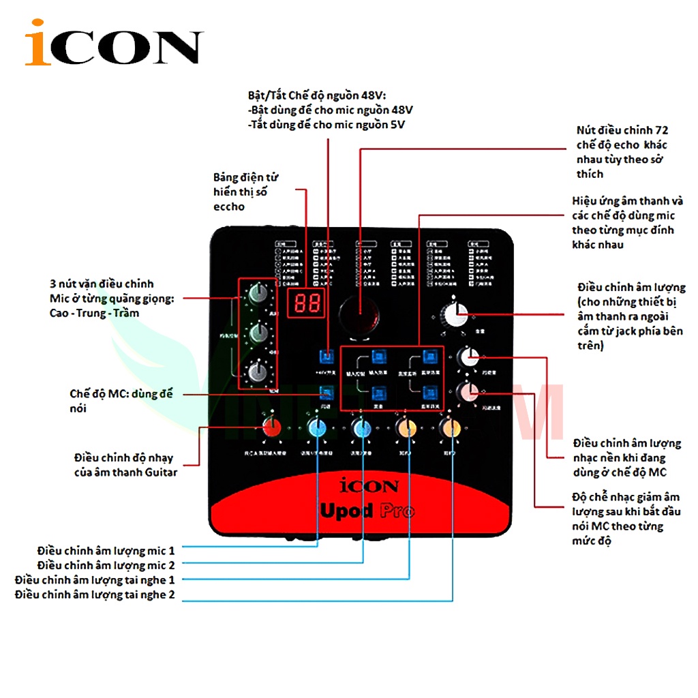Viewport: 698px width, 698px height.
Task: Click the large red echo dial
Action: [359, 314]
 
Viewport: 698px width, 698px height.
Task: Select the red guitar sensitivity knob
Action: [273, 427]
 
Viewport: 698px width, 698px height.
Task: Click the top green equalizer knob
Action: [258, 294]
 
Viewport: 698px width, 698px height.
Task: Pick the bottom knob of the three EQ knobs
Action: [258, 372]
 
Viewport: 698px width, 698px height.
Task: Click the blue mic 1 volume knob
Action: [317, 428]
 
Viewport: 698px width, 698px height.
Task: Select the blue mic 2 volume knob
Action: [362, 428]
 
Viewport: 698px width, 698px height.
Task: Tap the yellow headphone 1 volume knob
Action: [407, 428]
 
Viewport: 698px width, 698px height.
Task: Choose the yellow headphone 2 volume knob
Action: [451, 428]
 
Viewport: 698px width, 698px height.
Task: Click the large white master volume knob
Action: [455, 315]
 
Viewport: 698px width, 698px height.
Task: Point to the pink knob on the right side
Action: [468, 392]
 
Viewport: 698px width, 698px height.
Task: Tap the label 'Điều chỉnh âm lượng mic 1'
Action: [106, 549]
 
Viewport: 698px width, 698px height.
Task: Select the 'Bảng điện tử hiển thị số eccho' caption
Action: [245, 192]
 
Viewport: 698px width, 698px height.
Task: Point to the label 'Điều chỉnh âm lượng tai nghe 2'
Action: [95, 595]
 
